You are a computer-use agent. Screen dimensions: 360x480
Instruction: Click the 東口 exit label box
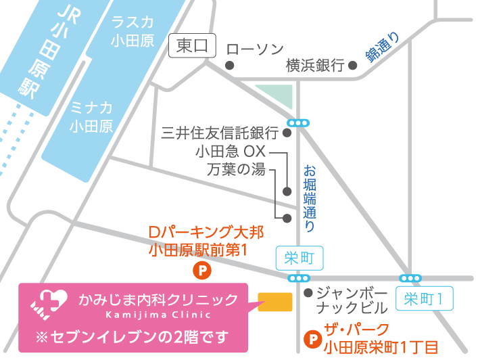tap(192, 47)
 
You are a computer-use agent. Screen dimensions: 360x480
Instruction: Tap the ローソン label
tap(255, 49)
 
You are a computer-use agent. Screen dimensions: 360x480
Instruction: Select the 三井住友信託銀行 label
tap(219, 133)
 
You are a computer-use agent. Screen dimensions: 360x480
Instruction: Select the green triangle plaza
tap(278, 96)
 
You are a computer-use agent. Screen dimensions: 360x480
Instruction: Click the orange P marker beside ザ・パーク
tap(312, 337)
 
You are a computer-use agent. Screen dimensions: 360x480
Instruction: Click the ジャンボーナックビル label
tap(351, 300)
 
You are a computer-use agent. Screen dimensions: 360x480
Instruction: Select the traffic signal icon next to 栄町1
tap(411, 278)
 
